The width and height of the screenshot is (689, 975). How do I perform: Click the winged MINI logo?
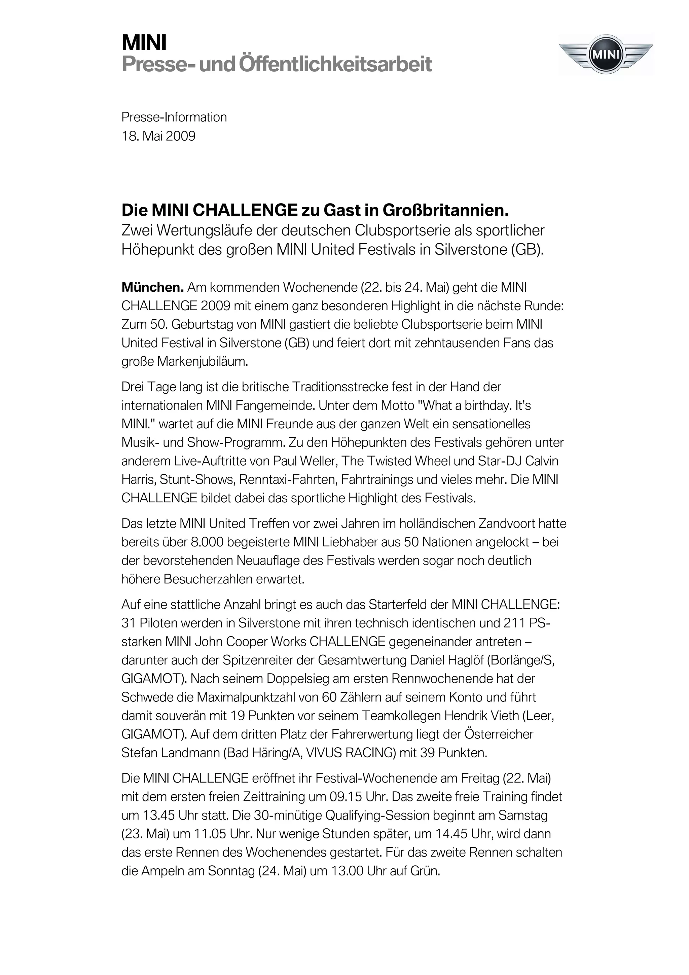606,55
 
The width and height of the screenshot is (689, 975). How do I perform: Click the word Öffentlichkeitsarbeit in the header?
335,65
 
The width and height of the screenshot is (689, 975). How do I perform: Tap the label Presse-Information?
174,117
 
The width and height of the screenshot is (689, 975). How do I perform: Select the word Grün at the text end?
425,871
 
